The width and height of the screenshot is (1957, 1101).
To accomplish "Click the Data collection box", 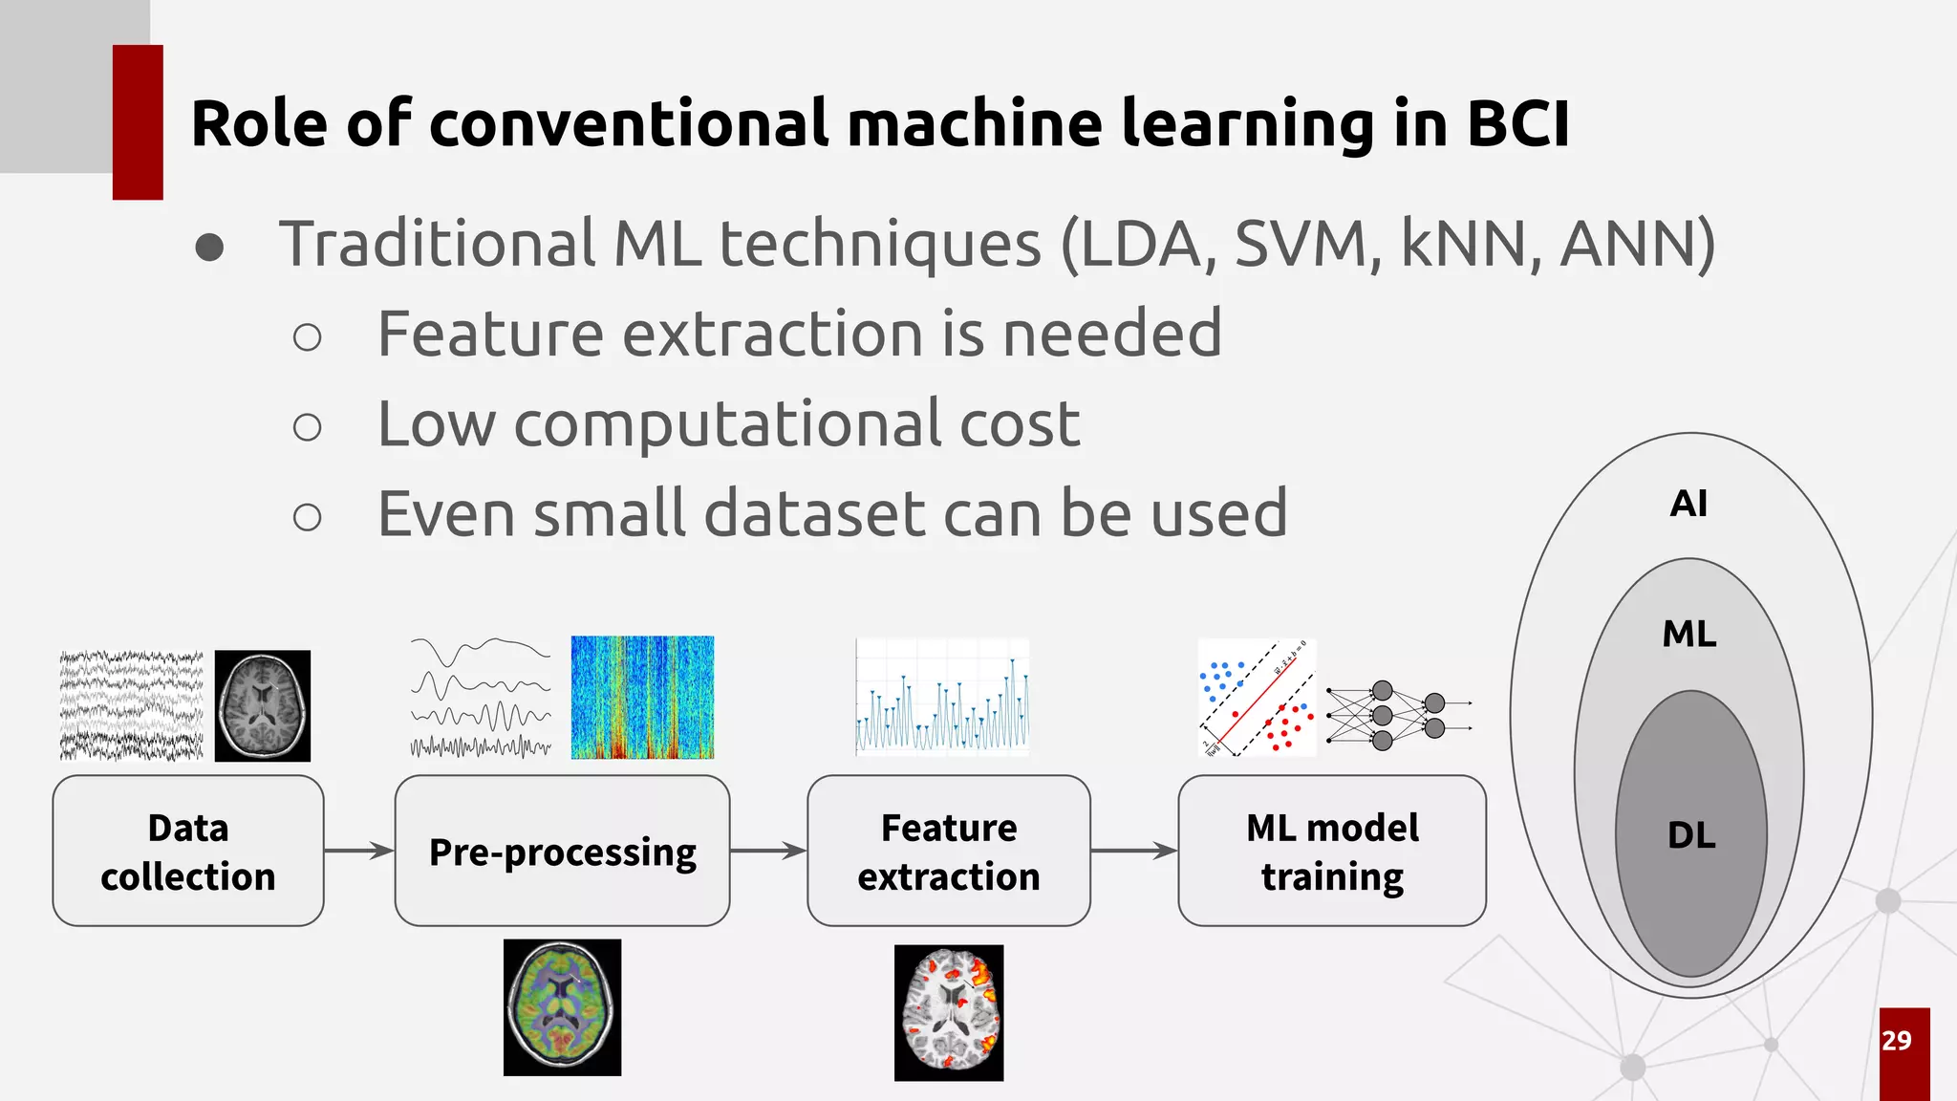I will pyautogui.click(x=188, y=851).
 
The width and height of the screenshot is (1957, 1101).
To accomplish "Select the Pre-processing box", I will pyautogui.click(x=562, y=851).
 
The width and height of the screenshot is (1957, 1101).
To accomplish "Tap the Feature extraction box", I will pyautogui.click(x=948, y=851).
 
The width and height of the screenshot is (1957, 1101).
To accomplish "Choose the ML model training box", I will pyautogui.click(x=1331, y=851).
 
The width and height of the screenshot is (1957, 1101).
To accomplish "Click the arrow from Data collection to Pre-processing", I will pyautogui.click(x=359, y=850).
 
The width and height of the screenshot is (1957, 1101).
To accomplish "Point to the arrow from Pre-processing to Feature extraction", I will pyautogui.click(x=768, y=850).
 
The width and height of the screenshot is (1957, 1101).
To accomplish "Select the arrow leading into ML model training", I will pyautogui.click(x=1134, y=850).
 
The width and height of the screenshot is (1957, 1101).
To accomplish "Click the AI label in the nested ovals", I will pyautogui.click(x=1688, y=504).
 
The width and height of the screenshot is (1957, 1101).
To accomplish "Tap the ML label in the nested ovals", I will pyautogui.click(x=1688, y=634).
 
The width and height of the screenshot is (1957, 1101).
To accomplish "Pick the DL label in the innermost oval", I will pyautogui.click(x=1691, y=835).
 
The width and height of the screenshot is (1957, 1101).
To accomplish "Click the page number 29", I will pyautogui.click(x=1897, y=1041).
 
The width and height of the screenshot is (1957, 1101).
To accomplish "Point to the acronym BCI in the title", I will pyautogui.click(x=1517, y=124).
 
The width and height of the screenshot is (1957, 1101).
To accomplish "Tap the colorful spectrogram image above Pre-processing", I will pyautogui.click(x=642, y=698).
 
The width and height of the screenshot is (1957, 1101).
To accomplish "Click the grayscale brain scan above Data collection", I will pyautogui.click(x=263, y=706).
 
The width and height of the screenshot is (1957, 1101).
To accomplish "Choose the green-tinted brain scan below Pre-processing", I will pyautogui.click(x=562, y=1007).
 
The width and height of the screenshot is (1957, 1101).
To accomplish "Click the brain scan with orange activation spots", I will pyautogui.click(x=949, y=1013).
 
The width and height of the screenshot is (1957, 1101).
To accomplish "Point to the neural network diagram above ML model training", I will pyautogui.click(x=1398, y=716).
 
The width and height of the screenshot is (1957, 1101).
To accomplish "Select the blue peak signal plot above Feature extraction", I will pyautogui.click(x=942, y=698).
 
